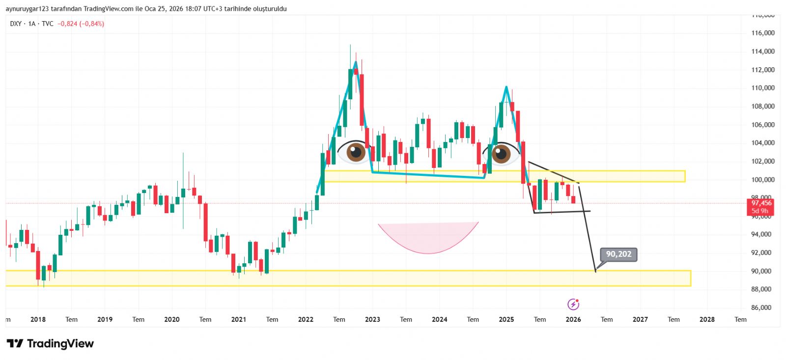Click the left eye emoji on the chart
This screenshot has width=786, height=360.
point(355,152)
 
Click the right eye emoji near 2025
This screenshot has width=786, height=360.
point(501,153)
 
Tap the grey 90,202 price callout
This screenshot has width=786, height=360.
point(618,254)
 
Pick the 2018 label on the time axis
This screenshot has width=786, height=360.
point(38,320)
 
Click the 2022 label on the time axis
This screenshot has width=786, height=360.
point(306,320)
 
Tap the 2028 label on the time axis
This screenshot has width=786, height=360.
point(707,320)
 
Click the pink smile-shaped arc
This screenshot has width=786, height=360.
point(428,241)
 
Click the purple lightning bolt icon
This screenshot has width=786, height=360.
point(573,305)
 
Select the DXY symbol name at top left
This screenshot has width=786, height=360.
point(16,24)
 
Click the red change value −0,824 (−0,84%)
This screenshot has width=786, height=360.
point(81,24)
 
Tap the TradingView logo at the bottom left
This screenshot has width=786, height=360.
point(50,344)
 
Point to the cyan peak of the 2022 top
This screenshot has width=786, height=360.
point(355,61)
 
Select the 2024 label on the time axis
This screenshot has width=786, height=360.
point(439,320)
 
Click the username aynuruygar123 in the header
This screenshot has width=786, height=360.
point(27,9)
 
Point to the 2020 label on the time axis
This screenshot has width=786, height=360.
point(171,320)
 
